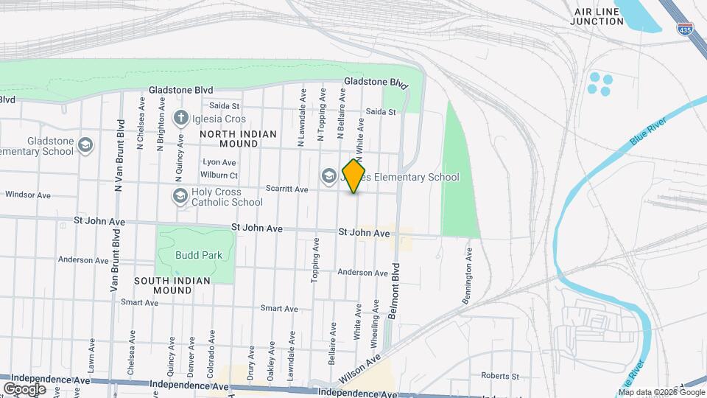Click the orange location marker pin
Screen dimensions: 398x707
[354, 176]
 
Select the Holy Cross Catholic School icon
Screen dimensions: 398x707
[180, 196]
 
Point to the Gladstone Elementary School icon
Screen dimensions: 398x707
[86, 145]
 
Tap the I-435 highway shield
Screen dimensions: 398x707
[684, 29]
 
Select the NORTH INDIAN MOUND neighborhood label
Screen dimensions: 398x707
[238, 139]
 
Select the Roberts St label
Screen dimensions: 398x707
[500, 376]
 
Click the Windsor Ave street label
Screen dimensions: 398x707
[27, 195]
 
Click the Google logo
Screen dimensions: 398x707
[24, 388]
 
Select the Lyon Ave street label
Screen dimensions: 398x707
[219, 162]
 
